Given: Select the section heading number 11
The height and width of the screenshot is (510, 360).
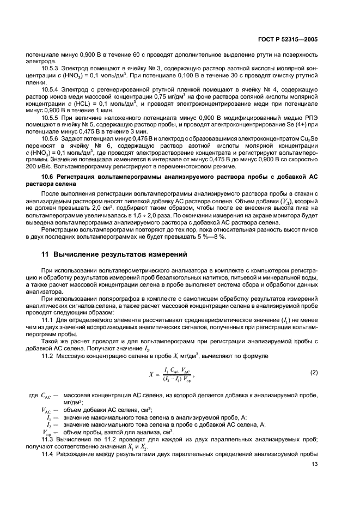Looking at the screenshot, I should point(46,254).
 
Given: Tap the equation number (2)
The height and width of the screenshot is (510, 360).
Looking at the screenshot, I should point(313,372).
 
